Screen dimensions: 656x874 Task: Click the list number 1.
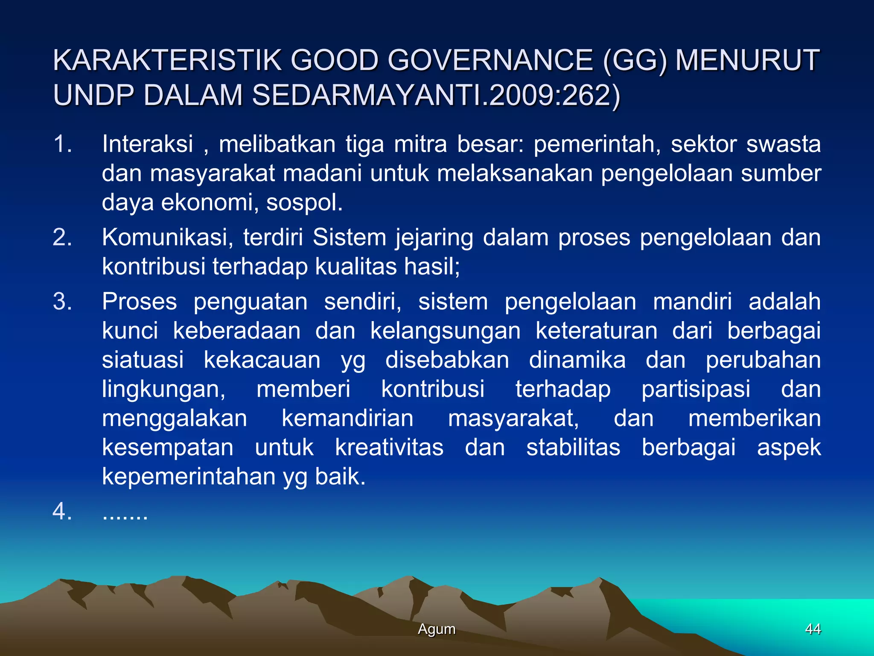[x=62, y=144]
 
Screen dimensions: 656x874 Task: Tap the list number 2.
[x=62, y=237]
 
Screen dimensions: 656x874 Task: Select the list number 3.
[x=62, y=302]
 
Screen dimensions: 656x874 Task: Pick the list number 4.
[x=62, y=511]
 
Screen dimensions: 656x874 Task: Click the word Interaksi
[x=148, y=144]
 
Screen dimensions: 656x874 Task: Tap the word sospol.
[x=304, y=202]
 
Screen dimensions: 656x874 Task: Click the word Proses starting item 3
[x=139, y=302]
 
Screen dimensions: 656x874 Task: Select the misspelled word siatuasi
[x=143, y=360]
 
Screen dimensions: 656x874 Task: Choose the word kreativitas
[x=389, y=448]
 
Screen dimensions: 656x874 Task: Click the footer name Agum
[x=437, y=629]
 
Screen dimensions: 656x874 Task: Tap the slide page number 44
[x=813, y=629]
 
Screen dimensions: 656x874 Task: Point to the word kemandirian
[x=347, y=419]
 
